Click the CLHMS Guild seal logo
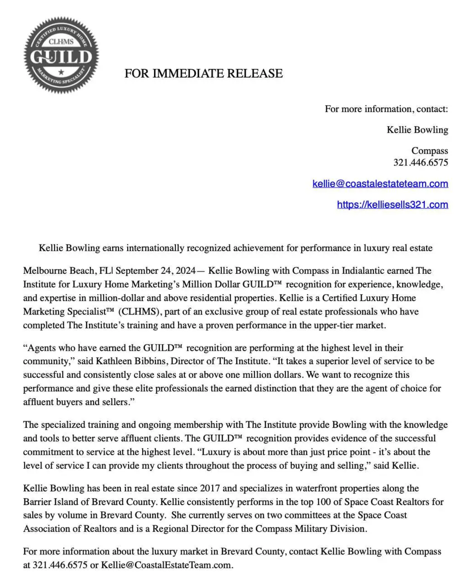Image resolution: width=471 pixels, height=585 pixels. [x=61, y=55]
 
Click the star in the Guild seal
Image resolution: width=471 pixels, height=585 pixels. [x=61, y=72]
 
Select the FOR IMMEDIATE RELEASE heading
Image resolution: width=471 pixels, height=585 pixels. [x=203, y=73]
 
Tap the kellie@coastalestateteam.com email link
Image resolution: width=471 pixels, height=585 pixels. [x=380, y=183]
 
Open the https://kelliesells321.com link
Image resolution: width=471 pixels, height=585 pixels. [x=392, y=205]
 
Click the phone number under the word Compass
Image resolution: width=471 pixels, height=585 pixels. [x=420, y=163]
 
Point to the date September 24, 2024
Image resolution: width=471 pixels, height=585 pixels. [x=155, y=271]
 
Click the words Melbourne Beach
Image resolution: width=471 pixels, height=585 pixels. [x=59, y=271]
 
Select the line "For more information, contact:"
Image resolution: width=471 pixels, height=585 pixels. [x=386, y=109]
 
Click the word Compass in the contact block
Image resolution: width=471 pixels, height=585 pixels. [x=429, y=151]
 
